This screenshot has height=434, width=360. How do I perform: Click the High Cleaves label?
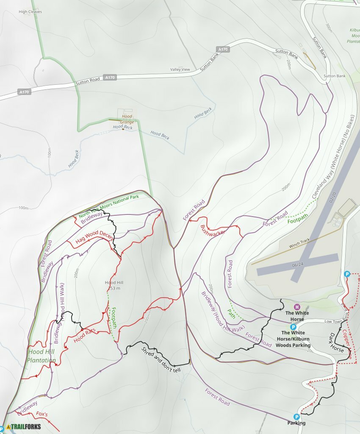coord(30,12)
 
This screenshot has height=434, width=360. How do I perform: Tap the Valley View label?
coord(180,70)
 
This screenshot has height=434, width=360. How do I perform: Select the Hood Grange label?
coord(127,119)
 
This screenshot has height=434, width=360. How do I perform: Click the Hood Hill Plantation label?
coord(42,356)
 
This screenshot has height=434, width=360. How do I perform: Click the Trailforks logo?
coord(23,426)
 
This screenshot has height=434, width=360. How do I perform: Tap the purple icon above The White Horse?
coord(297,307)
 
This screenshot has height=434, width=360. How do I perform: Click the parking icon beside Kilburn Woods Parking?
coord(293,327)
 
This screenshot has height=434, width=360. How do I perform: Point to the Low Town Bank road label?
coord(333,322)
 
